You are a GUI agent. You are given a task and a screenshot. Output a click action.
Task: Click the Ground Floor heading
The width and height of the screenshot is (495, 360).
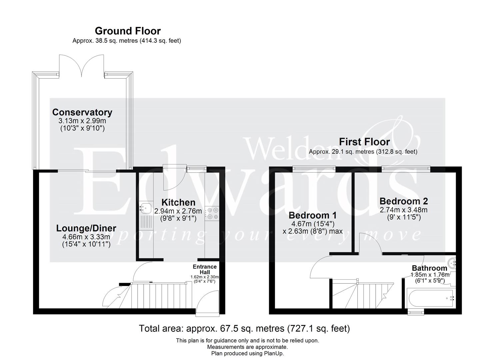point(128,31)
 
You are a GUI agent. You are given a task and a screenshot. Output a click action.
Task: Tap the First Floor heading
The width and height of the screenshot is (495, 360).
point(364,142)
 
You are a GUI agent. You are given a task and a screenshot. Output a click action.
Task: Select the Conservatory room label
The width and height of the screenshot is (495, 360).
point(82,112)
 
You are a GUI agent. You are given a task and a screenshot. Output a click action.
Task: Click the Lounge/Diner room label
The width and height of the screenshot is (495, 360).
point(86,228)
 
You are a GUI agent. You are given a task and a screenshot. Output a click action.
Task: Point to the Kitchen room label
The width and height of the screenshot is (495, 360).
point(178,202)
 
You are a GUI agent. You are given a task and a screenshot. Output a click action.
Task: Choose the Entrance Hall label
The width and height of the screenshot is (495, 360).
point(205,269)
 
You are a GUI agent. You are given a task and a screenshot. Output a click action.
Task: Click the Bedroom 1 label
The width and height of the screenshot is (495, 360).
point(312,215)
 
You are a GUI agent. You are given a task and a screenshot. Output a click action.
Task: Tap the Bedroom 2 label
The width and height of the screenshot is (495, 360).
point(403,201)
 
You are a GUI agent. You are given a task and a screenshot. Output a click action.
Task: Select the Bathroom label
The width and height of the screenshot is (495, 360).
point(429,268)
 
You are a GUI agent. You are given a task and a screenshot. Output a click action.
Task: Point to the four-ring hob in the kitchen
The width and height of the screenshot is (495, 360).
point(213,213)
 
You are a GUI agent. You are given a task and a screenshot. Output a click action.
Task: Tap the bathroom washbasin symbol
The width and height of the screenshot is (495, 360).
point(452,263)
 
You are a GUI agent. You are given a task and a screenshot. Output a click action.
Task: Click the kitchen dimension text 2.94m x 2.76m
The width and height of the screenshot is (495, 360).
point(178,211)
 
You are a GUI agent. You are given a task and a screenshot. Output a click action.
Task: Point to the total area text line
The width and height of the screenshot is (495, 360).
point(244,329)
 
